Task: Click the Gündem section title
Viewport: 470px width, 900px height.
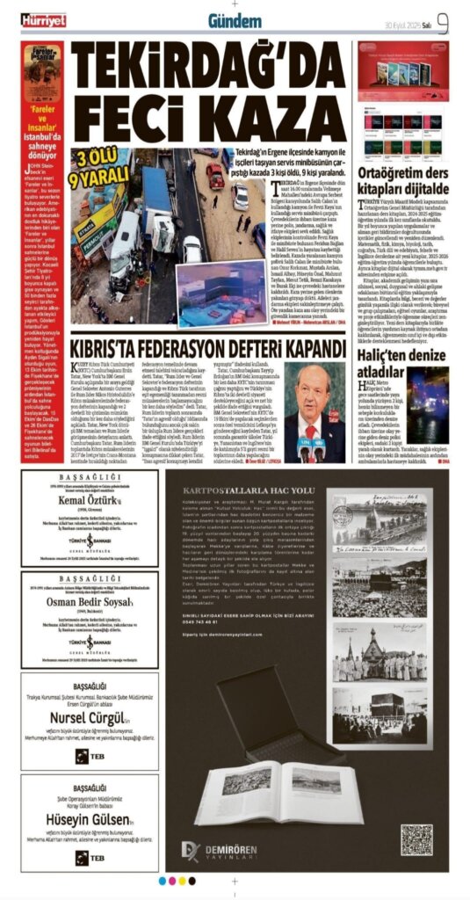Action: [235, 19]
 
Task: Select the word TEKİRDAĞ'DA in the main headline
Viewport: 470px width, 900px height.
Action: [209, 62]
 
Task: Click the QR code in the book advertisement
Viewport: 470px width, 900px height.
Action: [416, 839]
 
